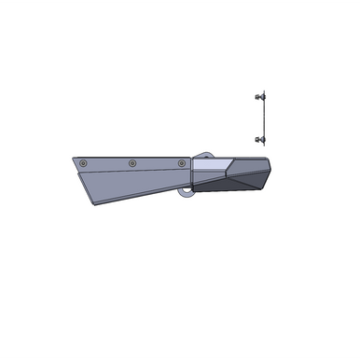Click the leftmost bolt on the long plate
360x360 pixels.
click(86, 163)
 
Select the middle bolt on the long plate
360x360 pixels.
click(132, 163)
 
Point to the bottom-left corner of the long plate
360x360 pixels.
click(92, 205)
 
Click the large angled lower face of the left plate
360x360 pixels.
click(131, 187)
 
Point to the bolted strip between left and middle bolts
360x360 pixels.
click(109, 163)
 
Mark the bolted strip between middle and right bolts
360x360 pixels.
click(156, 163)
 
